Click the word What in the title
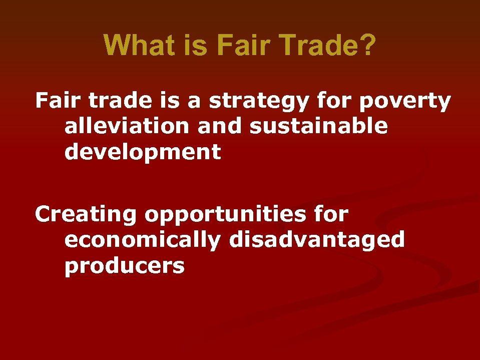point(135,46)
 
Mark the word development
point(142,152)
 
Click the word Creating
point(85,215)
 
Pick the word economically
point(142,241)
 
